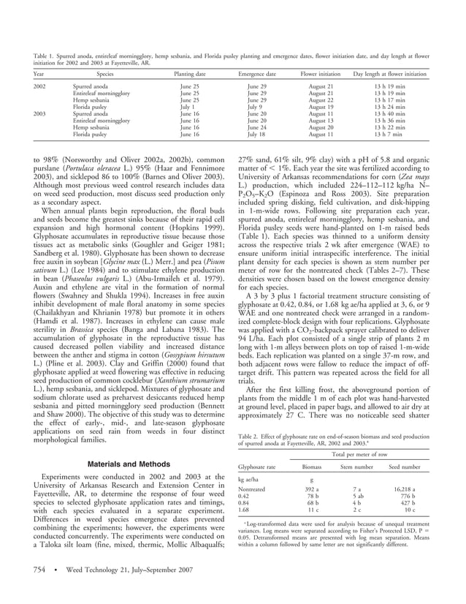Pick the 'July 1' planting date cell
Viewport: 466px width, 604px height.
coord(188,107)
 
